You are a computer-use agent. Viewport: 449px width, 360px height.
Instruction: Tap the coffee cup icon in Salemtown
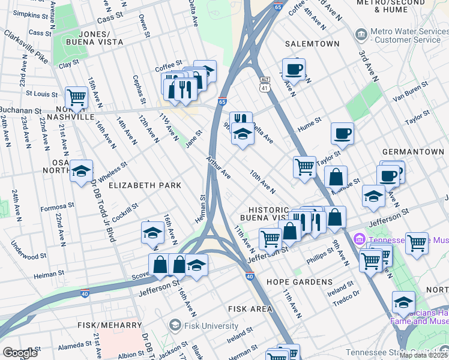pos(294,69)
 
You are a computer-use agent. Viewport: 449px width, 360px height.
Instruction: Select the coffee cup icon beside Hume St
pos(342,133)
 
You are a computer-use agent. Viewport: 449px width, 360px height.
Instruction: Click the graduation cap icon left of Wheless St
pos(81,172)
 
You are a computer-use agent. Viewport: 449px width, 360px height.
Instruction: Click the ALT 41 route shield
pos(265,84)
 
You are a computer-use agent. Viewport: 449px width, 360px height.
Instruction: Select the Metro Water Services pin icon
pos(360,32)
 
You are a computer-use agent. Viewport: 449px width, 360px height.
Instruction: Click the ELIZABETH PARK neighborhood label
pos(145,185)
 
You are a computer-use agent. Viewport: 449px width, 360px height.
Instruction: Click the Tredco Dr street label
pos(347,293)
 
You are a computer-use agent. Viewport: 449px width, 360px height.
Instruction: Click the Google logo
pos(20,353)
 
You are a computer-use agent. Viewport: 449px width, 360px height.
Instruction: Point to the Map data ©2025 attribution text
pos(423,355)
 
